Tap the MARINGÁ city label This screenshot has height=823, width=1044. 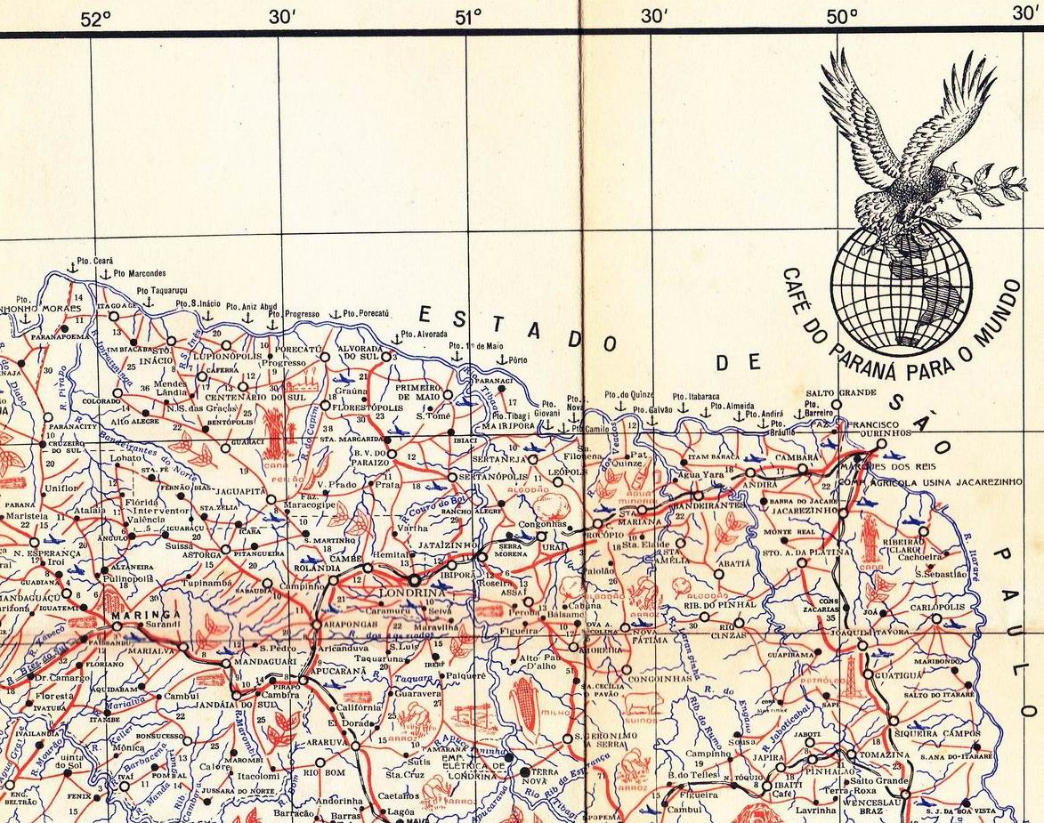tap(146, 615)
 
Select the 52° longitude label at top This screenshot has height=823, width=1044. tap(95, 18)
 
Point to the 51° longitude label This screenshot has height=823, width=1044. tap(468, 17)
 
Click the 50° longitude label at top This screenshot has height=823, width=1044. tap(841, 17)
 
